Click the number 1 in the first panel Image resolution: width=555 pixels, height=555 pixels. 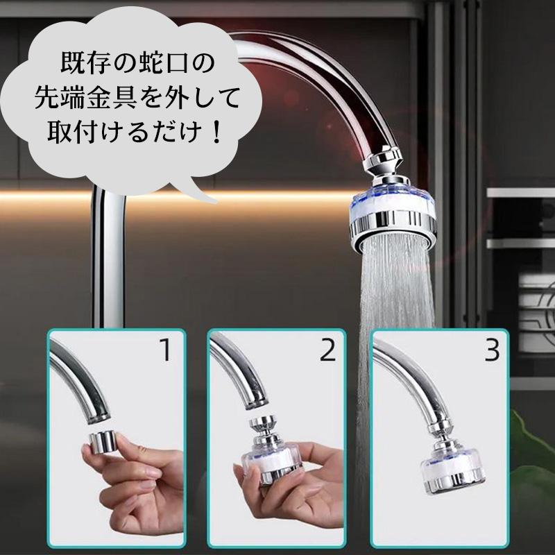click(x=164, y=350)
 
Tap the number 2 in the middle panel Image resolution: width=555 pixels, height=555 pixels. click(x=327, y=351)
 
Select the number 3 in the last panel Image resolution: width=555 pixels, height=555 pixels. click(x=491, y=351)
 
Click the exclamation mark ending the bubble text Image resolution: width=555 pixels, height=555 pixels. click(x=217, y=131)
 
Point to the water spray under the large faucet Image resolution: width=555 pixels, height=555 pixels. click(x=399, y=298)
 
